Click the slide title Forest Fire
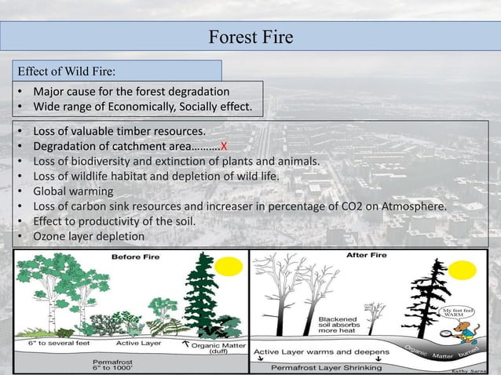[x=251, y=38]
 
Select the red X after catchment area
[x=224, y=147]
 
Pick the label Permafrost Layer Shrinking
[x=326, y=367]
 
